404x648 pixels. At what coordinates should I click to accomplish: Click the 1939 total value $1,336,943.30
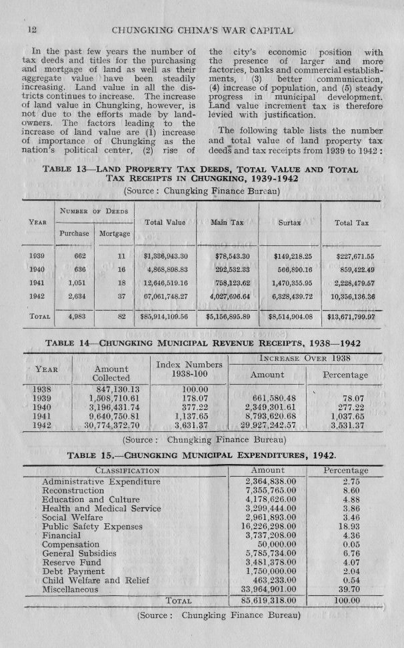(165, 255)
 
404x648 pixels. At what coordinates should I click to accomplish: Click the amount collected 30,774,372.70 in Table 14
(110, 424)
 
